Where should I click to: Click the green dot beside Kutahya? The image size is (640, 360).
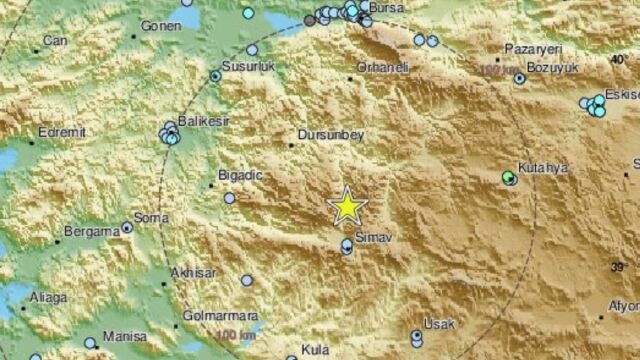[509, 178]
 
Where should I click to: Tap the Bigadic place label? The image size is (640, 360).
[239, 176]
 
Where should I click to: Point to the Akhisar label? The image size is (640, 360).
[193, 272]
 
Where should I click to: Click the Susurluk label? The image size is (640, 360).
[247, 66]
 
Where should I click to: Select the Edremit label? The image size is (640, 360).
[62, 130]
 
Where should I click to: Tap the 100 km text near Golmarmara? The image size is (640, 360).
[233, 333]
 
